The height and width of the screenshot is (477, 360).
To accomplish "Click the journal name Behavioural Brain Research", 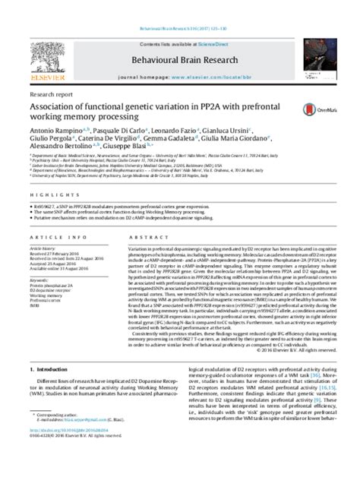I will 180,36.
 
